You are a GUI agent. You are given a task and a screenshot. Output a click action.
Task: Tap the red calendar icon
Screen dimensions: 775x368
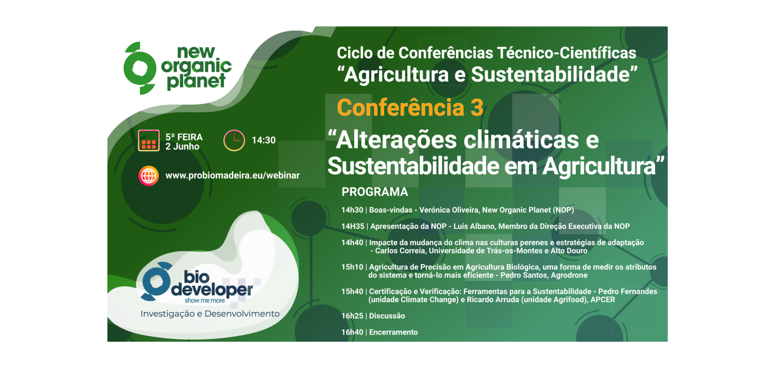point(149,141)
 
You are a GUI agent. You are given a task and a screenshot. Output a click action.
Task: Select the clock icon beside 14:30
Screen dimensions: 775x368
point(234,141)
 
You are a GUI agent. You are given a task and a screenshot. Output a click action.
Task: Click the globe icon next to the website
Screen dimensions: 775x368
point(149,176)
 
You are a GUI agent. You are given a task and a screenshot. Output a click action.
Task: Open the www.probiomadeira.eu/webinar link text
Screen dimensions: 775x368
point(233,176)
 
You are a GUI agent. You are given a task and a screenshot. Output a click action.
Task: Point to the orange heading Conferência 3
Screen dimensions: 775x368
point(410,108)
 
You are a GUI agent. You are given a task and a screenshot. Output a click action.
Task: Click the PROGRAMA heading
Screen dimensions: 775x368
point(375,192)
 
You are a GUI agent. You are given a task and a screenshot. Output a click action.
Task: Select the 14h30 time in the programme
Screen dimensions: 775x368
point(352,210)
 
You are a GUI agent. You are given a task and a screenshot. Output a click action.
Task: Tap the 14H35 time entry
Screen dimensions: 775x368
point(353,226)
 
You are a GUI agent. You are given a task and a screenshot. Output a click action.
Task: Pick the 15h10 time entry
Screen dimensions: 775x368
point(352,267)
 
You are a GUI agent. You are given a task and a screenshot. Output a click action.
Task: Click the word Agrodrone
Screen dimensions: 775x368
point(569,275)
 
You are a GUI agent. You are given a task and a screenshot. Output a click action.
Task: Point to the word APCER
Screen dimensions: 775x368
point(603,300)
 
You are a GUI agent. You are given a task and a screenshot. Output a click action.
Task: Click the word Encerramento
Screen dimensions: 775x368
point(394,332)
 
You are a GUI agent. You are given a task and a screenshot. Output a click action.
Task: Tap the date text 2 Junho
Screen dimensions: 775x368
point(182,146)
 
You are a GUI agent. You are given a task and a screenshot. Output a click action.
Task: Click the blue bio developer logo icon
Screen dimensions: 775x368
point(155,280)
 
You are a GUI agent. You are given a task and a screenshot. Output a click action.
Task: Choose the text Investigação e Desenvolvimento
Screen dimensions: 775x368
point(210,314)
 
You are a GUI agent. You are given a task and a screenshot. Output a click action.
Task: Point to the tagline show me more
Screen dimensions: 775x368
point(205,301)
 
